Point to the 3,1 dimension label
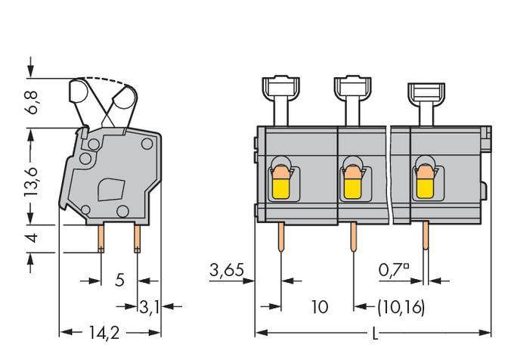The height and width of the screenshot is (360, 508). pyautogui.click(x=150, y=306)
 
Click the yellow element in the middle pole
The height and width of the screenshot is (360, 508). pyautogui.click(x=352, y=184)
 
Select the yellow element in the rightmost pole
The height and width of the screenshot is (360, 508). pyautogui.click(x=424, y=184)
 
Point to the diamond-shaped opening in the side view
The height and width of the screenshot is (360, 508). pyautogui.click(x=112, y=188)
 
